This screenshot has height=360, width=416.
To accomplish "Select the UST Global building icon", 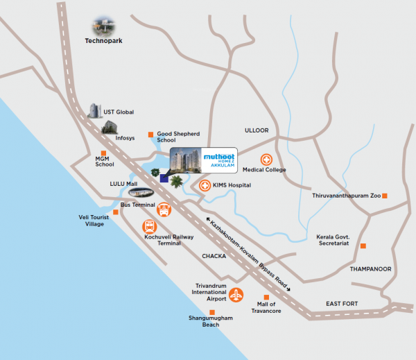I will [x=95, y=111].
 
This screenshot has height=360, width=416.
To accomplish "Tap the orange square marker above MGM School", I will [x=104, y=153].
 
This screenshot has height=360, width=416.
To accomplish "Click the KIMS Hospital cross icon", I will [x=205, y=185].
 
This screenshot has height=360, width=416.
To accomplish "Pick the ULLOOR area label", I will [x=256, y=130].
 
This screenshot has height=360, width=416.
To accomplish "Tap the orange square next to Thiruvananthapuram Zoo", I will [x=385, y=196].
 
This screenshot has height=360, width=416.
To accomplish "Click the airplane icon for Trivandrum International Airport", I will [x=236, y=294].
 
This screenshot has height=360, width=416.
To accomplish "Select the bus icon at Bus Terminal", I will [x=164, y=209].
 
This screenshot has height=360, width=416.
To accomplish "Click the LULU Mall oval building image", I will [x=142, y=194].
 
